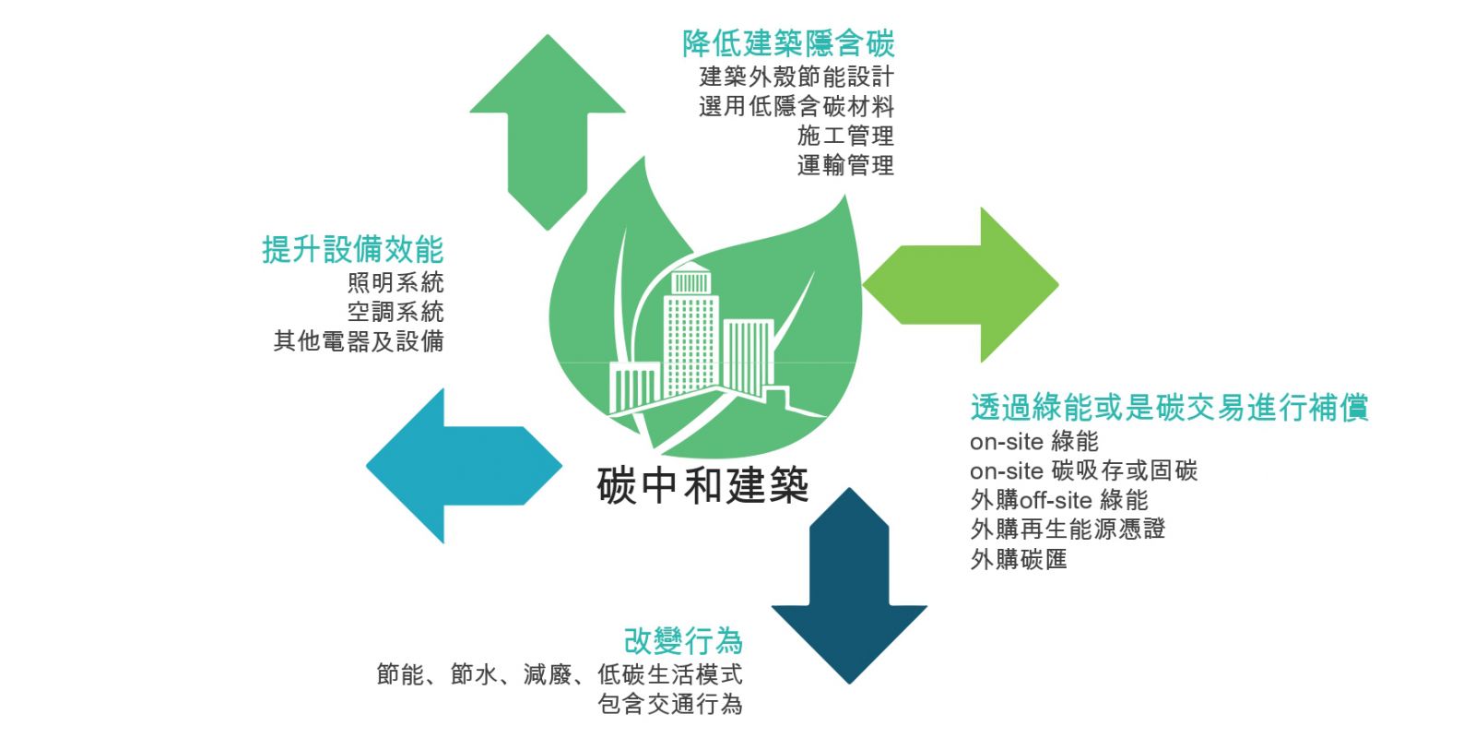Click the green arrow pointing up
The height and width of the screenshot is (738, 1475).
[x=548, y=132]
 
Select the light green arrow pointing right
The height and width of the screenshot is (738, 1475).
[x=961, y=285]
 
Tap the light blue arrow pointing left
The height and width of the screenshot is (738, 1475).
[x=465, y=466]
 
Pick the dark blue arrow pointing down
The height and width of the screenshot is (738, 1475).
[x=849, y=586]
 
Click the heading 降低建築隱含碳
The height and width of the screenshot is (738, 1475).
[x=788, y=43]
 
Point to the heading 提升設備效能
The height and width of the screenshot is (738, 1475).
[x=353, y=249]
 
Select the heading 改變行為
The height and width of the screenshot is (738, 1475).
[x=683, y=640]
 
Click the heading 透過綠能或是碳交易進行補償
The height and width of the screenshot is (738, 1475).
[x=1170, y=407]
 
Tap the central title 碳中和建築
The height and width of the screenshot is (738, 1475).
[x=702, y=485]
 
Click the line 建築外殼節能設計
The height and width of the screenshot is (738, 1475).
[x=796, y=77]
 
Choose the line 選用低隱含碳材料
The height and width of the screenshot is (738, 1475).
[x=796, y=106]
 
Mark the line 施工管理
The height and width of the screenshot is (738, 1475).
[x=845, y=136]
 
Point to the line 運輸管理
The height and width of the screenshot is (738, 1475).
[x=845, y=165]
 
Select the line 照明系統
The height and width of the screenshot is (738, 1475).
[x=395, y=282]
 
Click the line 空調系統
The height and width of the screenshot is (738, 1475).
[x=395, y=312]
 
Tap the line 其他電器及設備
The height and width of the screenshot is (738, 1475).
[x=359, y=341]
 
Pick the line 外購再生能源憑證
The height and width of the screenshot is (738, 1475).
[x=1068, y=530]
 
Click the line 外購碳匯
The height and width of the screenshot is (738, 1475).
[x=1018, y=559]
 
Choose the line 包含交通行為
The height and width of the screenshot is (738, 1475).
[x=669, y=705]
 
